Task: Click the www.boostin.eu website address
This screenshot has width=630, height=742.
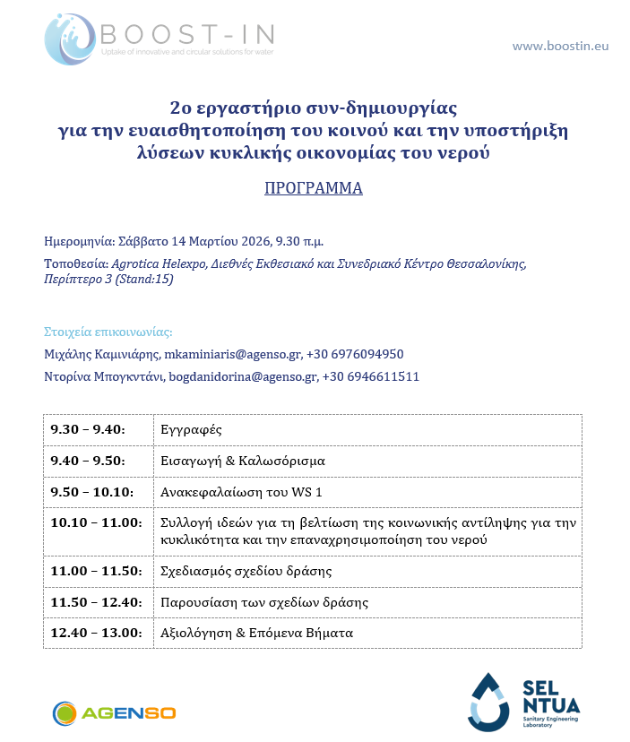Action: pos(559,45)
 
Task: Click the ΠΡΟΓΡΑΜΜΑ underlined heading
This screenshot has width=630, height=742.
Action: pos(314,189)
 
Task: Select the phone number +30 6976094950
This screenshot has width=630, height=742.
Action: pos(355,354)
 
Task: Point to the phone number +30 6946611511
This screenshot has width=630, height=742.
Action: pos(370,377)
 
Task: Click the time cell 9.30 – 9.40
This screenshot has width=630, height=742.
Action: pos(88,430)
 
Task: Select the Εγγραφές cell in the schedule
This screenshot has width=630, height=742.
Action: pos(185,430)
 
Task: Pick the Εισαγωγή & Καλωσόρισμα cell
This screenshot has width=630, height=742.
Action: pos(242,461)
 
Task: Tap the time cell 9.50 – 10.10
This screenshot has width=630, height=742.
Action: pos(91,492)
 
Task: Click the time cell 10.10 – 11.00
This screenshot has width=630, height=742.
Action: pos(96,522)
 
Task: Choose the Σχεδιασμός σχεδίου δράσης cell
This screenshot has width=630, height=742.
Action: pos(246,571)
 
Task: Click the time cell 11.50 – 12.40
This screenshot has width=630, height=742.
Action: pos(96,602)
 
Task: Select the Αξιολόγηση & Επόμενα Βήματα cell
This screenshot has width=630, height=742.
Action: pos(256,633)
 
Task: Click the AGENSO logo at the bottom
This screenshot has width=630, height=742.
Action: pos(114,713)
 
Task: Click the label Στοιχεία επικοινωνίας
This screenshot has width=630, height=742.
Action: pos(108,331)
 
